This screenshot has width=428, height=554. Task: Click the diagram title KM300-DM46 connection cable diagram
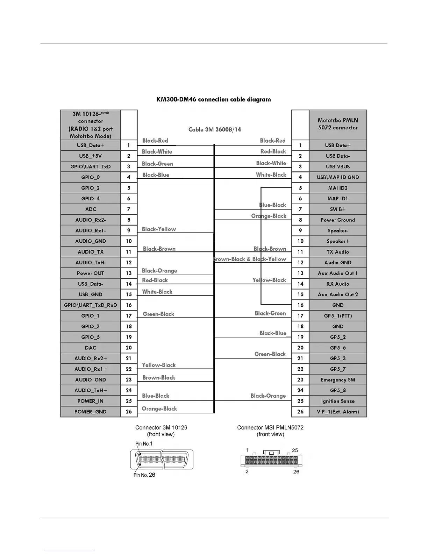tap(213, 99)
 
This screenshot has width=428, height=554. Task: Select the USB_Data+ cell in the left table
tap(90, 145)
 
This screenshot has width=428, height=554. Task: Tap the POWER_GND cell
tap(90, 412)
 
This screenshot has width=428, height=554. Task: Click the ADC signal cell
tap(90, 209)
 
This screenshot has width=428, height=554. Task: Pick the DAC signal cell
tap(90, 348)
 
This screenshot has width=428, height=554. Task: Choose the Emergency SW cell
tap(337, 379)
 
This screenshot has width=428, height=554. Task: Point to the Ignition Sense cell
tap(337, 401)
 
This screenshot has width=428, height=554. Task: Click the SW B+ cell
tap(337, 209)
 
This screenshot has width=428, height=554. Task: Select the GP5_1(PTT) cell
tap(337, 316)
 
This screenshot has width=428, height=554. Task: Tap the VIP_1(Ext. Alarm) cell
tap(337, 412)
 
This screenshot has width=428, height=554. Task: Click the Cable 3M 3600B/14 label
tap(214, 129)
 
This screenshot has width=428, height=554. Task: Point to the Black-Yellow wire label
tap(159, 229)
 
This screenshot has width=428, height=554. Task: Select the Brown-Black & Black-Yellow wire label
tap(249, 259)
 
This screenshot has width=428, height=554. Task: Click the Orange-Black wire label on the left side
tap(159, 409)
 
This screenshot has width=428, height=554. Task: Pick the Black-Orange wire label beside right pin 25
tap(268, 396)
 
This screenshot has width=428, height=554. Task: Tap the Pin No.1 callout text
tap(144, 443)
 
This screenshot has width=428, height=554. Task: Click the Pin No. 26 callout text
tap(144, 475)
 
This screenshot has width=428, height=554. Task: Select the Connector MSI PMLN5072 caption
tap(270, 427)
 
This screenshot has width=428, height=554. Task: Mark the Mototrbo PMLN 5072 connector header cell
tap(337, 124)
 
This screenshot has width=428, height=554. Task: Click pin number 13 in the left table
tap(129, 273)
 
